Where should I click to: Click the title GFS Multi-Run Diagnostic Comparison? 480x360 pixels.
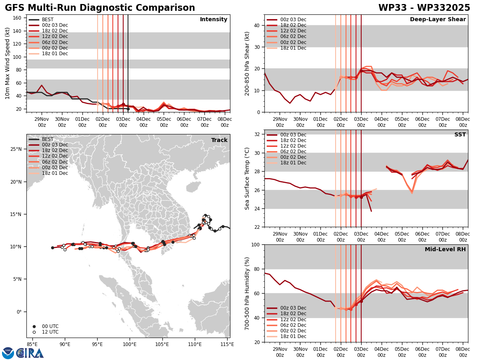point(100,8)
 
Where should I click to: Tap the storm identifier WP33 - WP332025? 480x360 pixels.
point(424,8)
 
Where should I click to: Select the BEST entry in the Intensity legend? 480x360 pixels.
point(48,20)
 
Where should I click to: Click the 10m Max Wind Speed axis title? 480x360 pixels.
point(8,63)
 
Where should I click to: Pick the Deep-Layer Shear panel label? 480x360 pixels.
point(438,20)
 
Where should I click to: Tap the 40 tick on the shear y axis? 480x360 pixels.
point(256,25)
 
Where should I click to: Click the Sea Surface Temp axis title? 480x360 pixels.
point(247,178)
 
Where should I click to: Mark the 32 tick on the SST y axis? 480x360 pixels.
point(256,134)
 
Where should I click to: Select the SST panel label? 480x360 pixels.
point(460,135)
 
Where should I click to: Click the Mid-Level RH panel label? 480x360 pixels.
point(445,250)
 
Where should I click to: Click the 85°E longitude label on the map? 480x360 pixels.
point(32,344)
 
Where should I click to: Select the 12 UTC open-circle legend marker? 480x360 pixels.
point(34,332)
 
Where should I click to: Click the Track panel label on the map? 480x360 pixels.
point(219,140)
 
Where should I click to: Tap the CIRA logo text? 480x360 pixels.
point(30,353)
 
